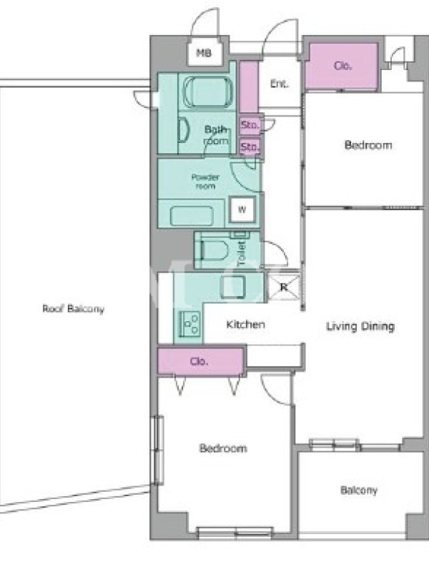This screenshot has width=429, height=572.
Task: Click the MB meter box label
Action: click(204, 53)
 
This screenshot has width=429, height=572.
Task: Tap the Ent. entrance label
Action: click(279, 84)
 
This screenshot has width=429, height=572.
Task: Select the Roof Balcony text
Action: click(74, 309)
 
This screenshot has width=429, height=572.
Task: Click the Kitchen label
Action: click(245, 325)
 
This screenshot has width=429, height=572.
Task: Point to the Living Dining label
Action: click(360, 326)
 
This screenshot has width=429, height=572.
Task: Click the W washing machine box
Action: click(242, 209)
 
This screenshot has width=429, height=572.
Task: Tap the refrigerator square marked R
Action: click(283, 287)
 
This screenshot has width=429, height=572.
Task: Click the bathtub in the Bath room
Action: click(207, 92)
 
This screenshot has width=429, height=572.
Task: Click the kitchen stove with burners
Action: click(189, 322)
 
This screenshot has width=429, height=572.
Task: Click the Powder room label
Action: click(205, 182)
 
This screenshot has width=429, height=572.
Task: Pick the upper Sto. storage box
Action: click(250, 125)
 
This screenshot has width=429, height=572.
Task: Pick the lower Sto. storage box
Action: click(250, 147)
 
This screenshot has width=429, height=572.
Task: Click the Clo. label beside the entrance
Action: click(343, 66)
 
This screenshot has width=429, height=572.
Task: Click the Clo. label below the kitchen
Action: click(199, 361)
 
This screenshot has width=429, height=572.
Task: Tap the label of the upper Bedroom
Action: click(368, 145)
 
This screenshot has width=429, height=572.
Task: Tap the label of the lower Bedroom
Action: click(223, 448)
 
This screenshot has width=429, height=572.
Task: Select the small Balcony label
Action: click(359, 490)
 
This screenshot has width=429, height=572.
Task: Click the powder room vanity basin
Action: click(192, 215)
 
